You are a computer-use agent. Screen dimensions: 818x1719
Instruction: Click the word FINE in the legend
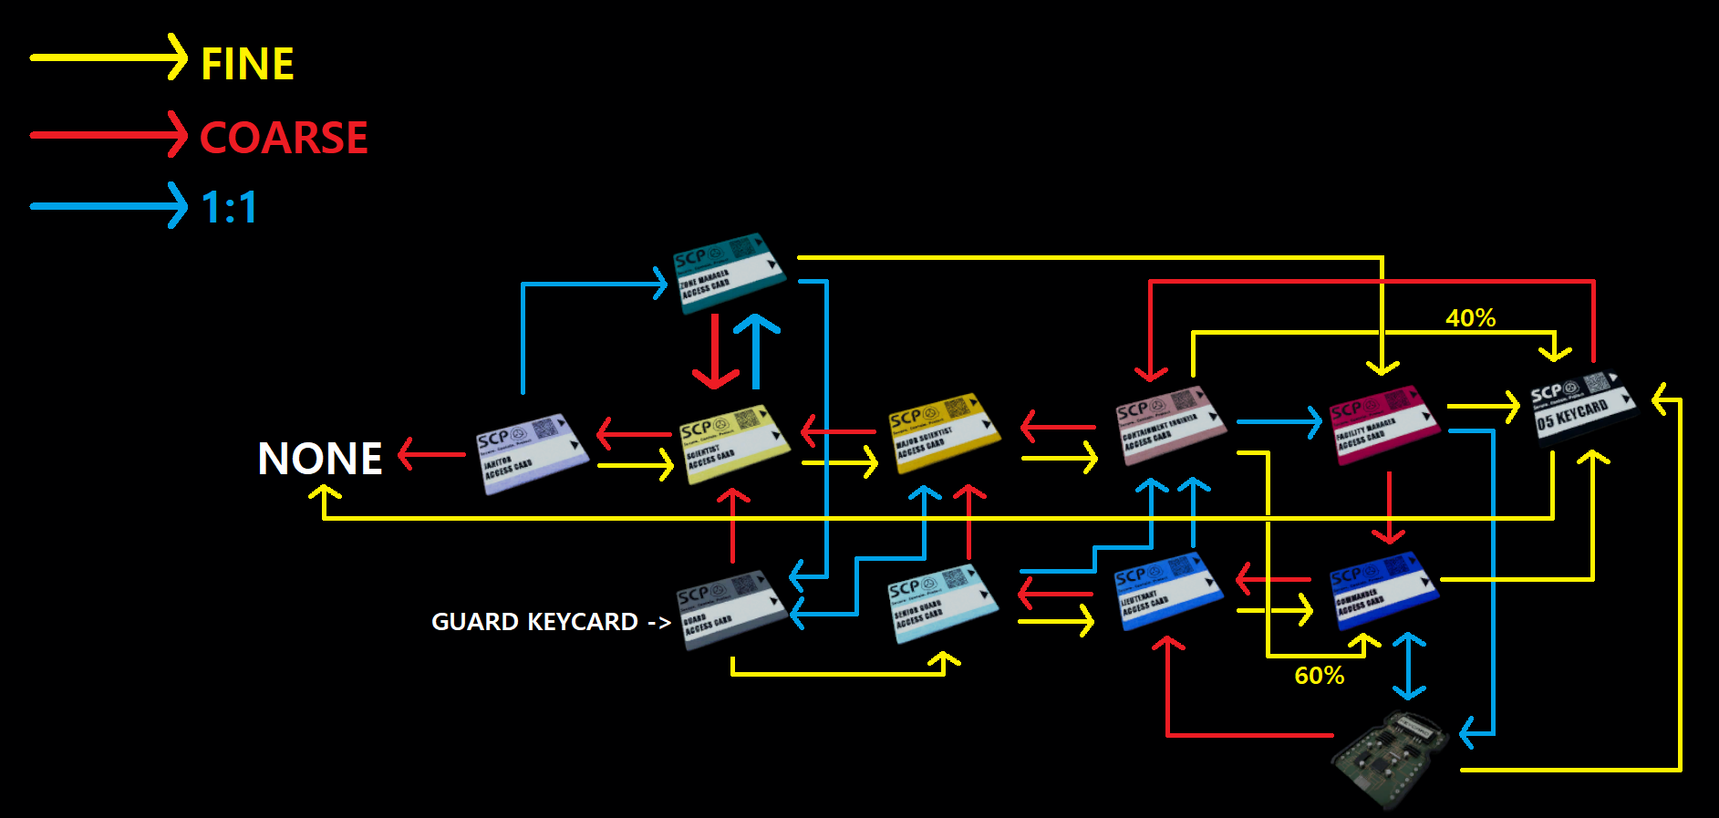click(247, 64)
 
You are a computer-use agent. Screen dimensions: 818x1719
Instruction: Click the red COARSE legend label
click(284, 138)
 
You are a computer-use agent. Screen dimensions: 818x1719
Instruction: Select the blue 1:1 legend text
click(229, 207)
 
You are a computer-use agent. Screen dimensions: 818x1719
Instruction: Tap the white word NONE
click(319, 459)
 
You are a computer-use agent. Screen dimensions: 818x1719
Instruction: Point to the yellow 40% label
click(1470, 318)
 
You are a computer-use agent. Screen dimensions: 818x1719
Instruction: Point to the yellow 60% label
click(1319, 676)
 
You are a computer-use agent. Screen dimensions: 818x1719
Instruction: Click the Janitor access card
click(531, 453)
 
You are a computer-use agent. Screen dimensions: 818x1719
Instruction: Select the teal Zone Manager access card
click(729, 272)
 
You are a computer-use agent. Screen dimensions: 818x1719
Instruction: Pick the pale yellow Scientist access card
click(734, 443)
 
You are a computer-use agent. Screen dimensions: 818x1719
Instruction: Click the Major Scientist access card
click(944, 432)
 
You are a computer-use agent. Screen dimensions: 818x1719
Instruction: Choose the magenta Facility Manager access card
click(1382, 424)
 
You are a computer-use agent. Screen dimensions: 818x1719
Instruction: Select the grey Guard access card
click(731, 609)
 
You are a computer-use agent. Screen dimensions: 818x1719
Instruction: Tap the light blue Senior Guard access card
click(943, 603)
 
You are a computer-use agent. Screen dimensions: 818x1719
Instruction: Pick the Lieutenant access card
click(1168, 591)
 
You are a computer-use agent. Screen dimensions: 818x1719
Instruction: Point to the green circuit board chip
click(1390, 760)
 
